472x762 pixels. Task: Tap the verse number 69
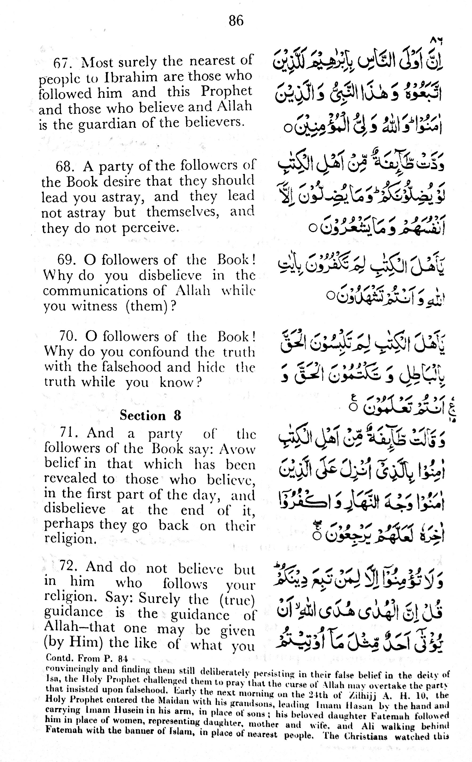coord(66,260)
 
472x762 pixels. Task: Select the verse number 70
coord(68,337)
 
